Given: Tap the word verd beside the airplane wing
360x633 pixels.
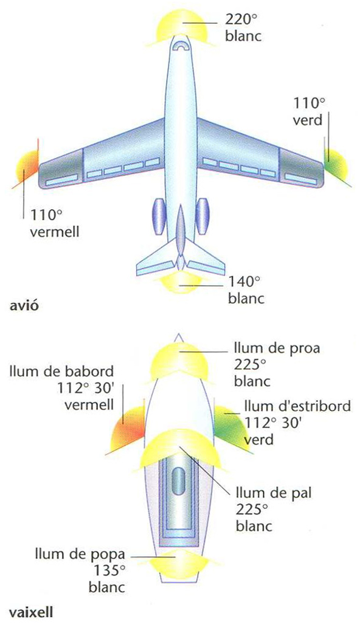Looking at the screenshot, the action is [x=307, y=120].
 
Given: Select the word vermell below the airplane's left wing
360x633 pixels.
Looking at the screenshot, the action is [x=55, y=232].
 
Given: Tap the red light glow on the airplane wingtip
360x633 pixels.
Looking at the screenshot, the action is [x=27, y=165].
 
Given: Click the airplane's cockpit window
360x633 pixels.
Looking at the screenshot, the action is [x=181, y=46].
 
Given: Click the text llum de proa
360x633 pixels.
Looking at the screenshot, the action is [x=277, y=348].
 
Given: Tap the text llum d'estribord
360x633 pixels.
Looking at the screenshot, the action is [x=297, y=406].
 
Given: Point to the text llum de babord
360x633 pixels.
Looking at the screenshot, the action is [x=62, y=370].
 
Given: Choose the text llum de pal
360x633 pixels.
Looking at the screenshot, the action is [x=274, y=493].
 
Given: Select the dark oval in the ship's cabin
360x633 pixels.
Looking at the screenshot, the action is [x=178, y=480].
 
